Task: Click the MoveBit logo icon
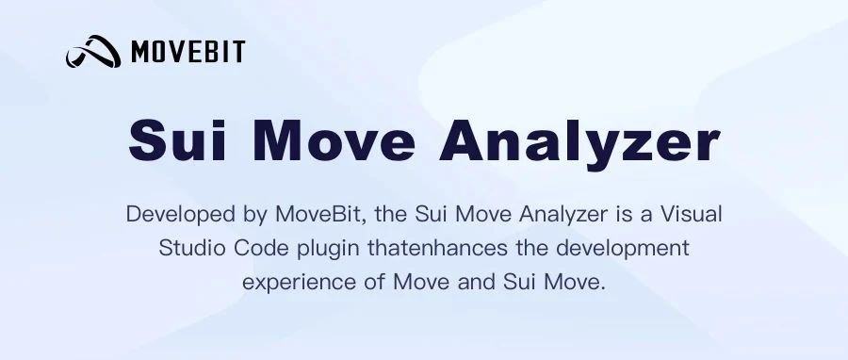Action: coord(93,52)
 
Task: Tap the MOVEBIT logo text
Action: coord(188,52)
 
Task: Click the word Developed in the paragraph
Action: coord(175,214)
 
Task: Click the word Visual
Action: coord(691,214)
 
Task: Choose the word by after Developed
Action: coord(254,215)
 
